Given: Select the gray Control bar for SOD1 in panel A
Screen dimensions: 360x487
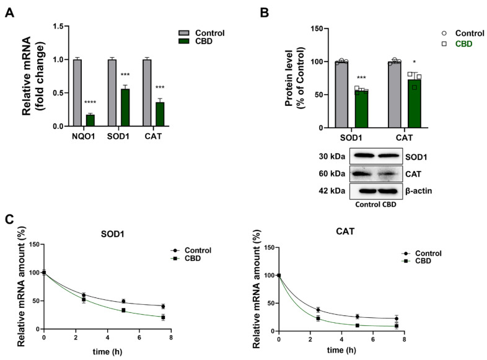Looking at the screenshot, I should (112, 93).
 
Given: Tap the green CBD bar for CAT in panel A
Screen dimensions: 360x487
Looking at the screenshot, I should (160, 115).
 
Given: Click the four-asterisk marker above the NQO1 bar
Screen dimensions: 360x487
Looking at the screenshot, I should (90, 109).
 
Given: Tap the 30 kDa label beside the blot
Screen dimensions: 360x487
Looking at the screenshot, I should (332, 155).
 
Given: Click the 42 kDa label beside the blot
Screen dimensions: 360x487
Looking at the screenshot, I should (332, 190).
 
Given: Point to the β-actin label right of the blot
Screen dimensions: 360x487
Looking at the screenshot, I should (419, 190).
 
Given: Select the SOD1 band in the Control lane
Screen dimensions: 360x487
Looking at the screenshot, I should (364, 156).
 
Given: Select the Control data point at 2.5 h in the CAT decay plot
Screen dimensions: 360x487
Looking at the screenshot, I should (318, 310).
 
